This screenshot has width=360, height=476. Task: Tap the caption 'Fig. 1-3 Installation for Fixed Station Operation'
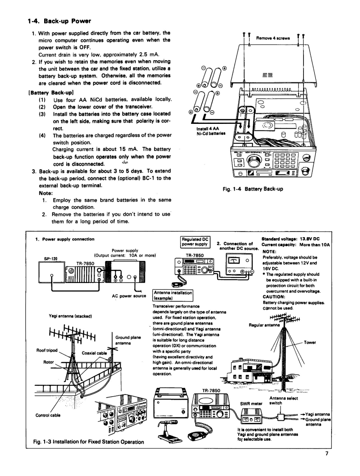pyautogui.click(x=88, y=442)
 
